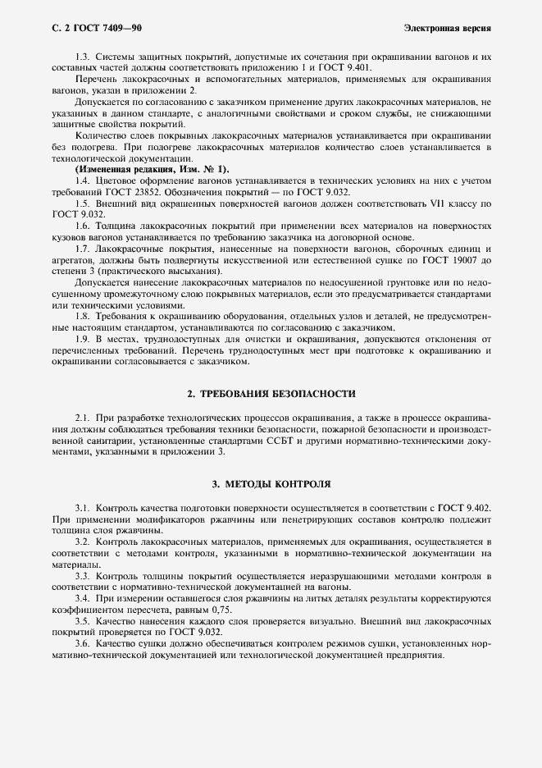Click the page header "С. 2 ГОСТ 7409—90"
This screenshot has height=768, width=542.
click(x=91, y=28)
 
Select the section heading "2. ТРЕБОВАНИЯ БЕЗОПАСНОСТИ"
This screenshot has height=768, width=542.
click(x=271, y=394)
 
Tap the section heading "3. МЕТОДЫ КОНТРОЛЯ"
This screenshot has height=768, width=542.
click(x=271, y=486)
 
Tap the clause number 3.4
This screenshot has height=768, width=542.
click(x=83, y=601)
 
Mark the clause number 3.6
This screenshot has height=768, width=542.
click(x=83, y=646)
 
